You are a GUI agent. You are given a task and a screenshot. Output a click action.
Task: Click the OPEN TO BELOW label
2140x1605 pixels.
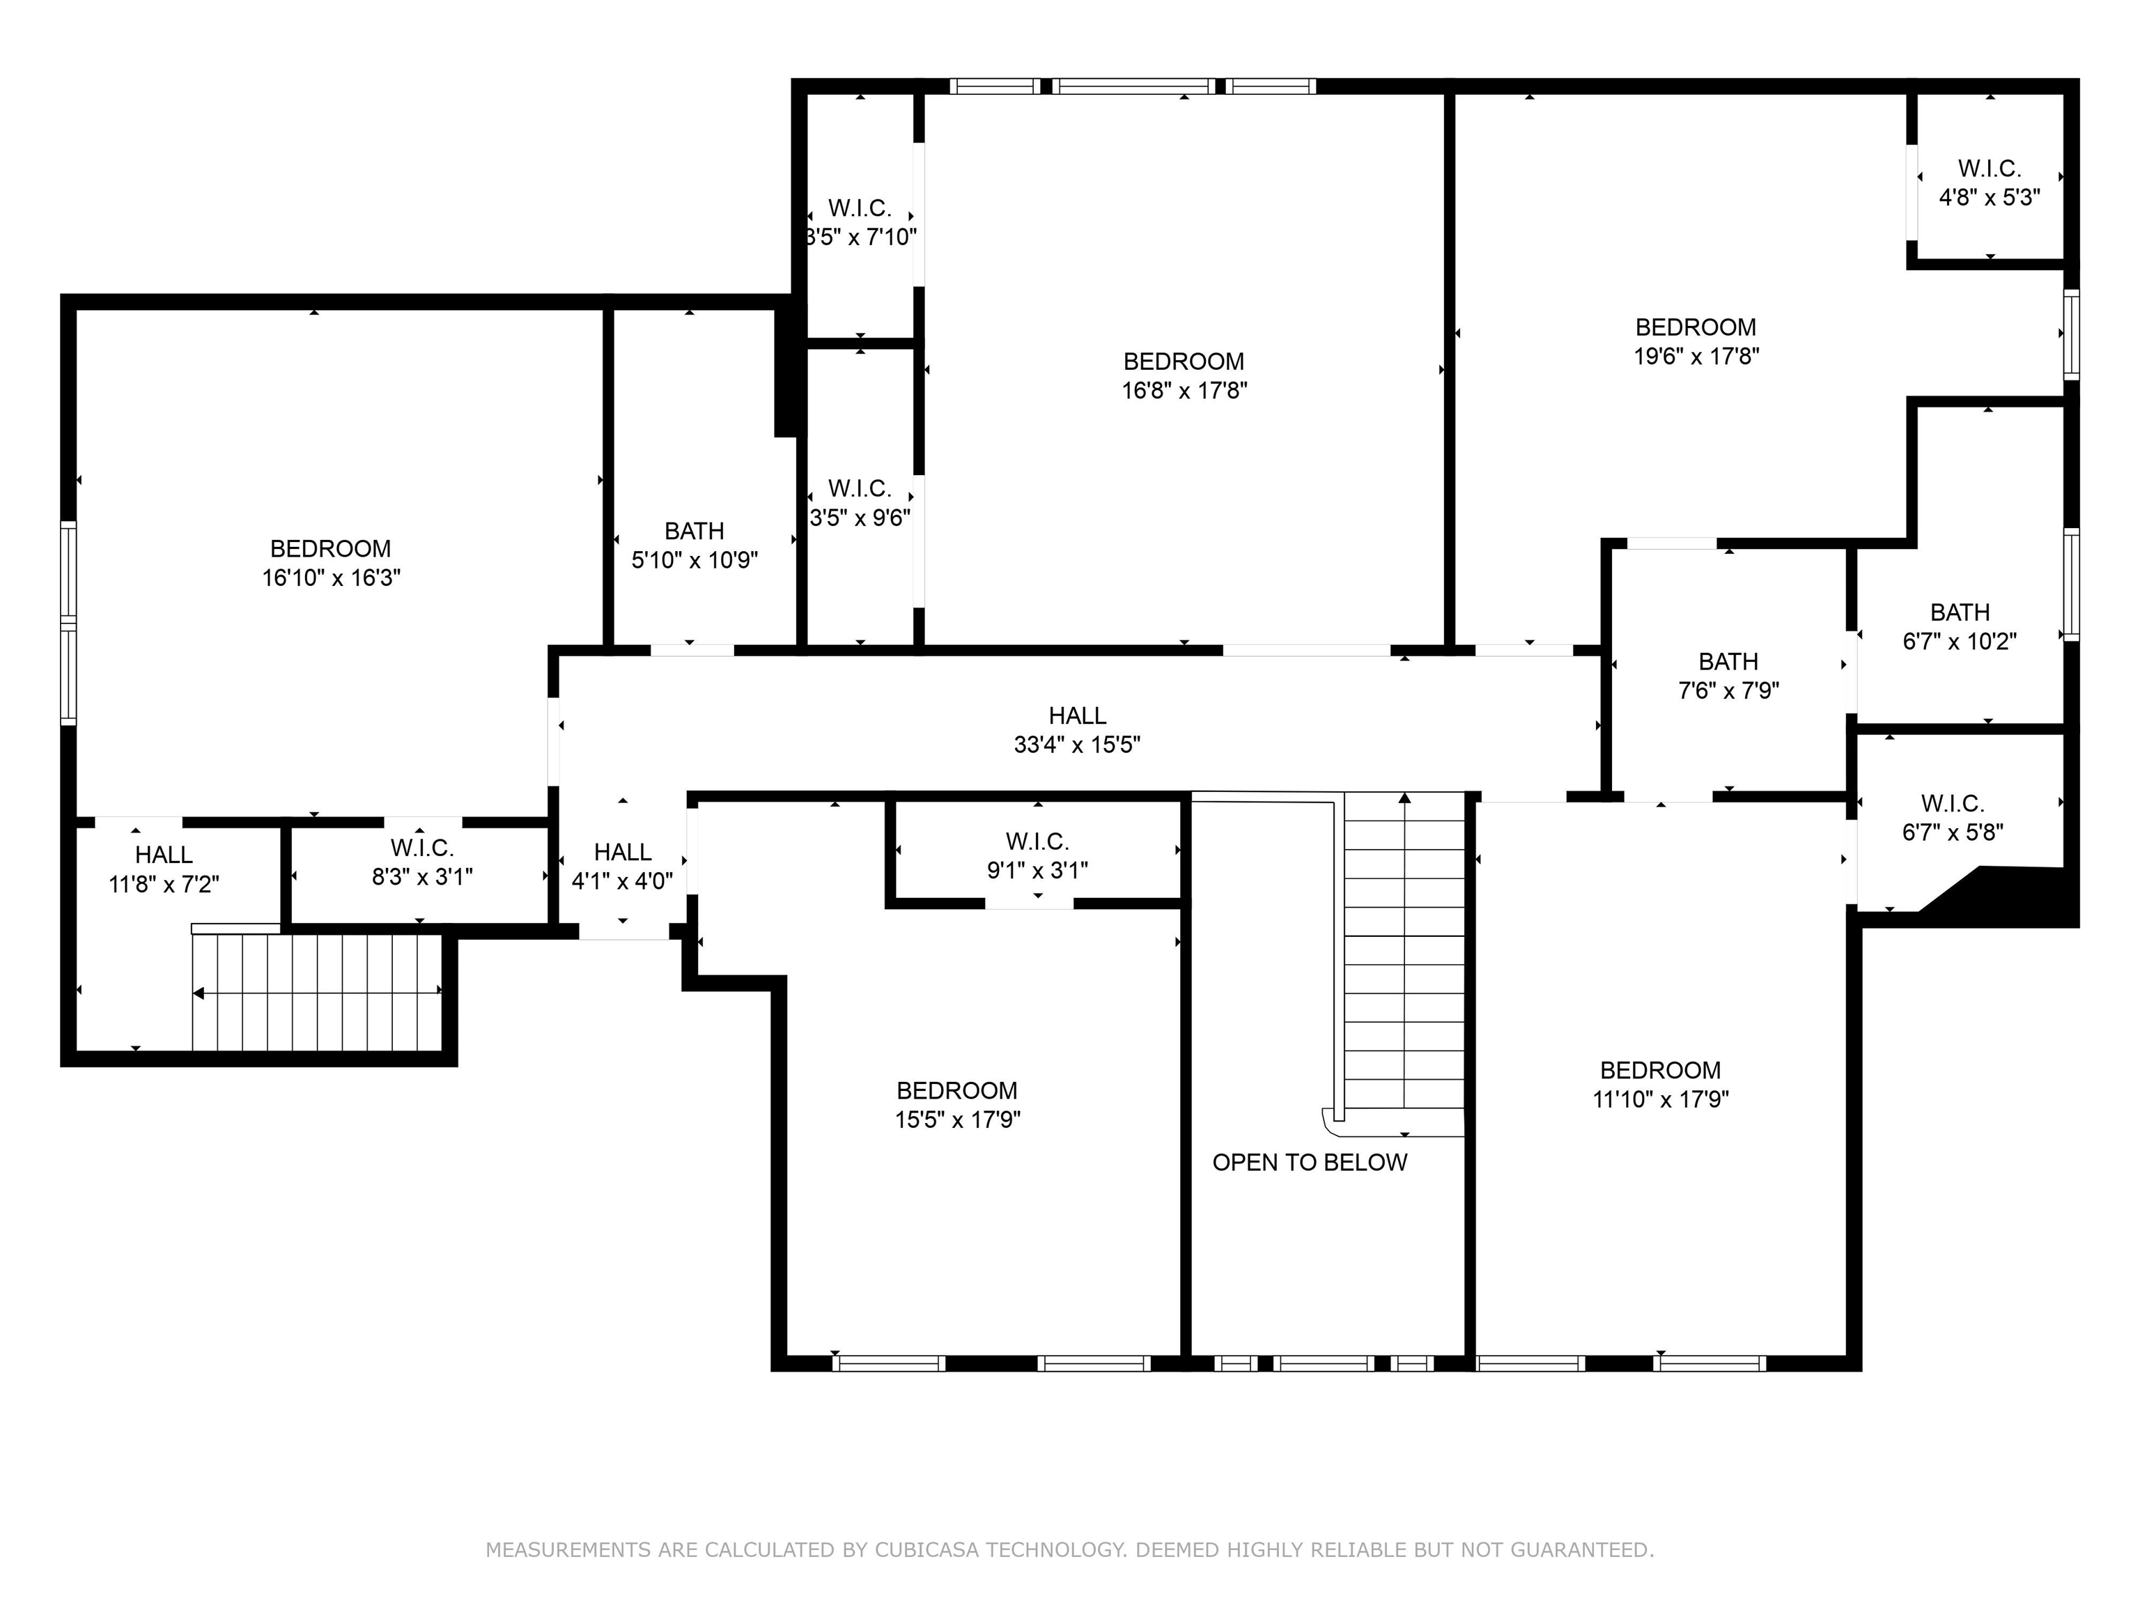[x=1309, y=1163]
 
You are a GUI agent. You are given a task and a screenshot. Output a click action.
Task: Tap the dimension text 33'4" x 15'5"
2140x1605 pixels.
[x=1077, y=745]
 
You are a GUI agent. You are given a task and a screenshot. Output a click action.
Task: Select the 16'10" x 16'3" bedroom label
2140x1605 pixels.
[x=331, y=563]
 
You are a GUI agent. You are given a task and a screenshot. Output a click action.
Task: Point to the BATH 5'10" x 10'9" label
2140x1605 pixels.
[x=695, y=545]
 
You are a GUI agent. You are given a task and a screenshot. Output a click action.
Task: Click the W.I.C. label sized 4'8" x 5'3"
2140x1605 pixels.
[x=1990, y=183]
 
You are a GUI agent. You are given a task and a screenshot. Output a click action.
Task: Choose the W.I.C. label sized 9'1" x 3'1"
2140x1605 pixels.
[x=1037, y=856]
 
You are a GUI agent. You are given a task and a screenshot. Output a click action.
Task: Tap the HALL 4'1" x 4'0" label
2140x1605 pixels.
[x=622, y=867]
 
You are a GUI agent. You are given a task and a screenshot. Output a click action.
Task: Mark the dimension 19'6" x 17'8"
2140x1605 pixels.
[x=1696, y=356]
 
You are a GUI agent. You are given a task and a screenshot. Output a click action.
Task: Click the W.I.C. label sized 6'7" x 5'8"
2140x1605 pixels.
[x=1953, y=818]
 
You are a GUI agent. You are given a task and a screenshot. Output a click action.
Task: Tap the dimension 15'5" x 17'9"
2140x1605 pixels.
[x=958, y=1119]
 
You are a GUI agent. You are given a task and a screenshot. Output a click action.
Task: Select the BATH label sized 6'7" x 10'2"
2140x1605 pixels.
[x=1960, y=627]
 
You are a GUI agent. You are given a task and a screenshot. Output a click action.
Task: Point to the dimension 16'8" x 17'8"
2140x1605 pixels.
[x=1184, y=391]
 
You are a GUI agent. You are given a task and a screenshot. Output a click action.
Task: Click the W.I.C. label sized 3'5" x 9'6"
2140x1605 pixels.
[x=860, y=503]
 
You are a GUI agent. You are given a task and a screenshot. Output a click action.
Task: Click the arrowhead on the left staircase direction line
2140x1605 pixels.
[x=199, y=993]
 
